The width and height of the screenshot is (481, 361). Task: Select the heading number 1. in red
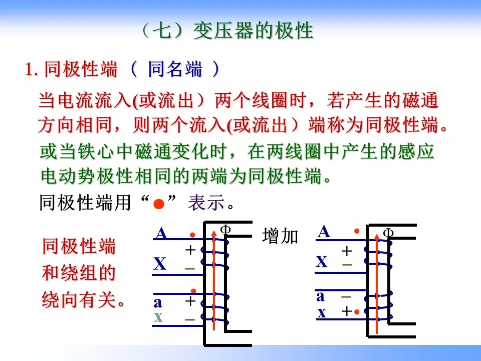click(x=33, y=70)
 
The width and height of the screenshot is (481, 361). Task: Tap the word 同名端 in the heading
click(x=175, y=69)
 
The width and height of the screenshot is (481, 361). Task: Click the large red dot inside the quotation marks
click(x=159, y=204)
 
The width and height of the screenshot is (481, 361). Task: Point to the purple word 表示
click(x=205, y=203)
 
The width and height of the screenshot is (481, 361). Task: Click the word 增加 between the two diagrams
click(x=280, y=236)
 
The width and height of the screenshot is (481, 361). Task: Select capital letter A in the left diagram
click(x=161, y=234)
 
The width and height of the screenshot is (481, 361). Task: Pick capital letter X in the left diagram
click(x=160, y=264)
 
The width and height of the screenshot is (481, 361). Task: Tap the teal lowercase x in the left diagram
click(x=158, y=317)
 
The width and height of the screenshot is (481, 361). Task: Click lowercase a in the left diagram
click(x=158, y=302)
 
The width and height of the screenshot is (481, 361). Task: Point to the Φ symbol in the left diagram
click(x=225, y=230)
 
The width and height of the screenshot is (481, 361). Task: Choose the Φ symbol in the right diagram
click(x=388, y=233)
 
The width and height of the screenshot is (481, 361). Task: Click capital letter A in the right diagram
click(x=324, y=232)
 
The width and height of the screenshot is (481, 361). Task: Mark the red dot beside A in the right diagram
click(x=357, y=231)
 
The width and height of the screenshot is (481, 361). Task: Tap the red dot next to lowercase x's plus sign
click(x=356, y=312)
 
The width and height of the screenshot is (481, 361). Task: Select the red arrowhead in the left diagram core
click(x=214, y=232)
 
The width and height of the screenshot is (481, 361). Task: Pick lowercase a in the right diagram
click(x=321, y=296)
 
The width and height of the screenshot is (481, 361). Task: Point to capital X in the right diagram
click(x=322, y=261)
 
